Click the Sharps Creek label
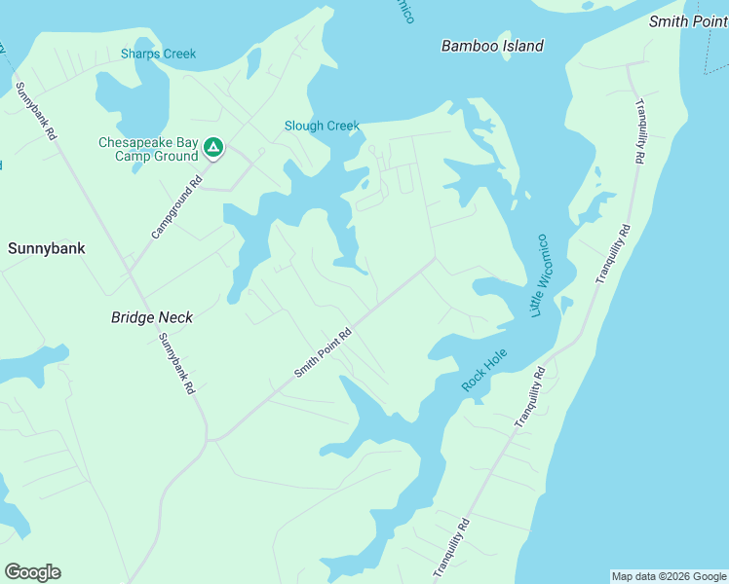pos(158,54)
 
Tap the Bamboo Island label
pos(492,46)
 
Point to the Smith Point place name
pos(688,20)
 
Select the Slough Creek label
pos(322,126)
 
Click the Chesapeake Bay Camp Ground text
pos(148,149)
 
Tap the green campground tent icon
pos(213,148)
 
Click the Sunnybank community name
pos(46,248)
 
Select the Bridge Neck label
pos(152,317)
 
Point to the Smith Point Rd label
pos(323,352)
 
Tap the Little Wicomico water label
pos(539,275)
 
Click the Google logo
pos(32,572)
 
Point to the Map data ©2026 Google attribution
pos(669,576)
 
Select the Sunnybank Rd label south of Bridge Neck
pos(176,362)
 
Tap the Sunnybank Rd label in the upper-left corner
pos(36,112)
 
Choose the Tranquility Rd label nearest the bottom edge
pos(451,550)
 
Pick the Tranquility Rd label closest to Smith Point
pos(640,129)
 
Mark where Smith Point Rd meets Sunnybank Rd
pos(209,440)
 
